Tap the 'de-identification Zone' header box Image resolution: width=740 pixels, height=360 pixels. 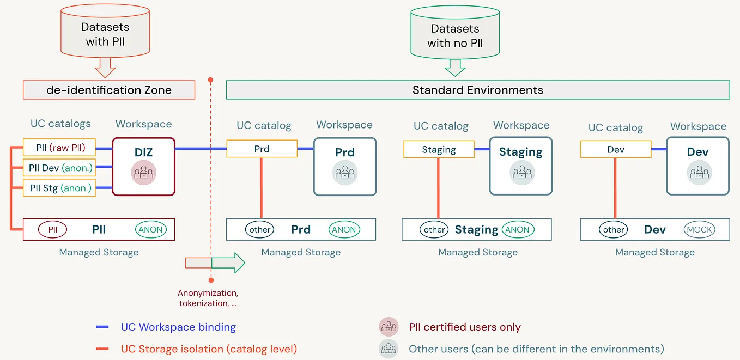click(108, 90)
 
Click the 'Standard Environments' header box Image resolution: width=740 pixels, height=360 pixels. click(477, 90)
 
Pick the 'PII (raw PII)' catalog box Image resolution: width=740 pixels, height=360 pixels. click(59, 148)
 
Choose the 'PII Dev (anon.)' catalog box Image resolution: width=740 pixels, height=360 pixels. click(59, 168)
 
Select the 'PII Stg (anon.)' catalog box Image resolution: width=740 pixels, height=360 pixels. click(59, 188)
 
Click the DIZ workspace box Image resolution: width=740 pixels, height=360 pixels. click(143, 166)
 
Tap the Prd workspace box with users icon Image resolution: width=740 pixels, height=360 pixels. click(344, 166)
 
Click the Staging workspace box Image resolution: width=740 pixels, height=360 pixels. click(520, 166)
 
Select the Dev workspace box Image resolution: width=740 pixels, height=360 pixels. click(697, 166)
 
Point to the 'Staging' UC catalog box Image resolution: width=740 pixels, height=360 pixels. click(439, 149)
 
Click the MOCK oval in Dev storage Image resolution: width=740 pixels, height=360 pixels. click(700, 229)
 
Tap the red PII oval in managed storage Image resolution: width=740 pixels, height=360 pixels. click(52, 229)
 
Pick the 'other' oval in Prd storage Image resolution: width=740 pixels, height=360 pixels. click(260, 229)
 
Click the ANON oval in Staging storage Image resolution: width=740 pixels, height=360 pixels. click(517, 229)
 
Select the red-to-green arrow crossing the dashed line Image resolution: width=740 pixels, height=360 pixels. click(215, 263)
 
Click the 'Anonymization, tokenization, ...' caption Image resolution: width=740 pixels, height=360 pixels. click(208, 298)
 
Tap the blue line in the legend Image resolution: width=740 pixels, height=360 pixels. click(103, 327)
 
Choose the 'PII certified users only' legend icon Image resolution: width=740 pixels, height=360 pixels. click(389, 327)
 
